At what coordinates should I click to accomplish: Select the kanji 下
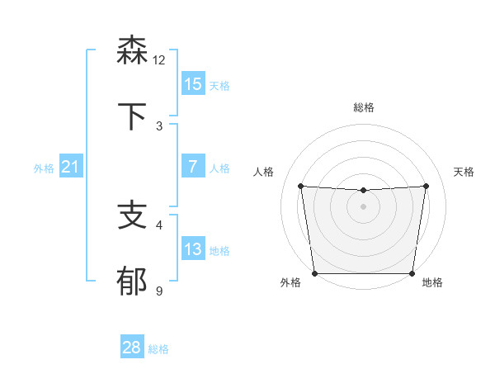pyautogui.click(x=132, y=116)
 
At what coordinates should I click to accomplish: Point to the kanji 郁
pyautogui.click(x=132, y=282)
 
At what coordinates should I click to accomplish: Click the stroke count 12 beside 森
pyautogui.click(x=159, y=59)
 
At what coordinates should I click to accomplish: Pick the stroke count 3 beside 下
pyautogui.click(x=159, y=125)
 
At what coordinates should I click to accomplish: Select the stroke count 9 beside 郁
pyautogui.click(x=159, y=291)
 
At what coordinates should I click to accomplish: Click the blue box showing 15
pyautogui.click(x=192, y=84)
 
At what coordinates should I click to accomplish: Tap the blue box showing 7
pyautogui.click(x=192, y=167)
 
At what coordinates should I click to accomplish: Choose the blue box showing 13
pyautogui.click(x=192, y=249)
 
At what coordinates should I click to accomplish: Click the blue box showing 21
pyautogui.click(x=71, y=167)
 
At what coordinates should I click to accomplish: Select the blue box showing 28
pyautogui.click(x=132, y=348)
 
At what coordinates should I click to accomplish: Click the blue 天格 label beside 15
pyautogui.click(x=219, y=85)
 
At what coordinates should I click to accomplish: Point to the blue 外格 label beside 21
pyautogui.click(x=44, y=168)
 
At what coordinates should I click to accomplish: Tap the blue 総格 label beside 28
pyautogui.click(x=158, y=348)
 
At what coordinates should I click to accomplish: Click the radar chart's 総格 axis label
pyautogui.click(x=364, y=107)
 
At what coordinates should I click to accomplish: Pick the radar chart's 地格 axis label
pyautogui.click(x=432, y=282)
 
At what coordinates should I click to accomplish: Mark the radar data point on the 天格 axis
pyautogui.click(x=427, y=186)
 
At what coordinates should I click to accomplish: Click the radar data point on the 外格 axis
pyautogui.click(x=314, y=273)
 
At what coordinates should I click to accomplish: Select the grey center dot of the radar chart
pyautogui.click(x=363, y=206)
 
